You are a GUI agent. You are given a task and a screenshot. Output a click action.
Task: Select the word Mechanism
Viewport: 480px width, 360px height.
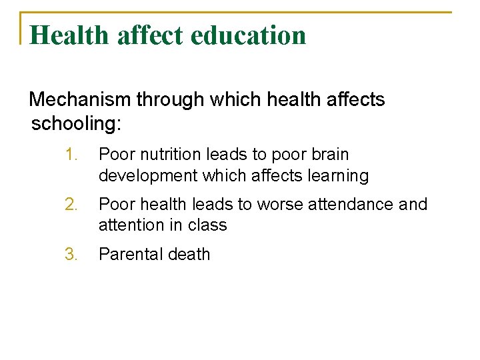(x=81, y=100)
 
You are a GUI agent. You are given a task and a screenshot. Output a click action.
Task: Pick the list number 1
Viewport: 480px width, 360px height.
(x=72, y=155)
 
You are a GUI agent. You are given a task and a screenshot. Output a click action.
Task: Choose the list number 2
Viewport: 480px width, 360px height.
(x=72, y=205)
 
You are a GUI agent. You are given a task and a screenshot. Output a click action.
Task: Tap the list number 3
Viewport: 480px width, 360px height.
(x=72, y=255)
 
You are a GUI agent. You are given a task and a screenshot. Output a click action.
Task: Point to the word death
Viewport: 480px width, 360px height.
(x=190, y=255)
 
